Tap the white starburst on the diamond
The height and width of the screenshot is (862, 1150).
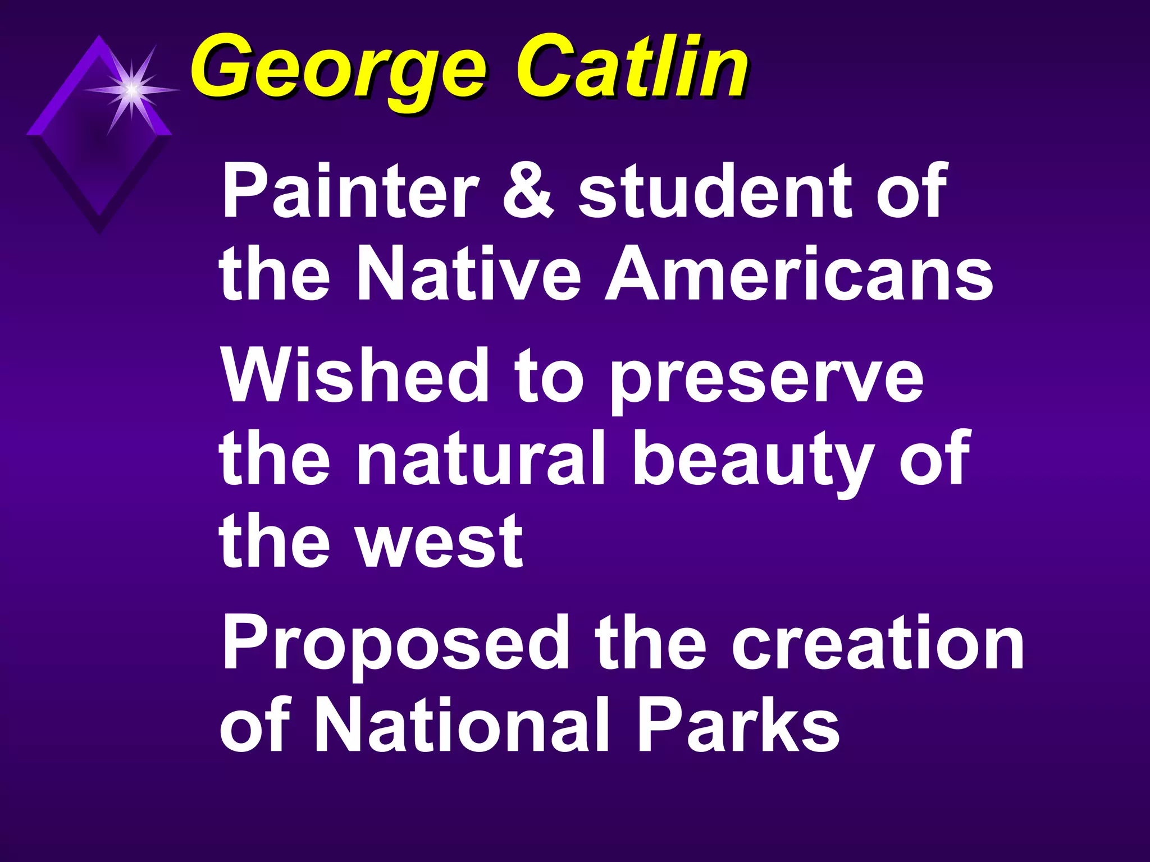tap(131, 89)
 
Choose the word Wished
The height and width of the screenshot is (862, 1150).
tap(355, 374)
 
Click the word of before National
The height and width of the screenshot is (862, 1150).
tap(254, 726)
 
